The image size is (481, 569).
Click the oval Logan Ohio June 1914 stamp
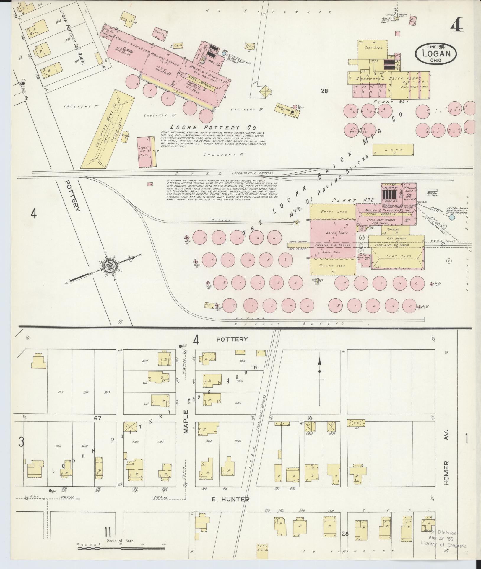pyautogui.click(x=436, y=53)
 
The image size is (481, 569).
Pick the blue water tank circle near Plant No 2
pyautogui.click(x=452, y=217)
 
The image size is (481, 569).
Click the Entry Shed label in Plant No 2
pyautogui.click(x=332, y=212)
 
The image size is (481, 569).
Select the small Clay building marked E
pyautogui.click(x=178, y=46)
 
